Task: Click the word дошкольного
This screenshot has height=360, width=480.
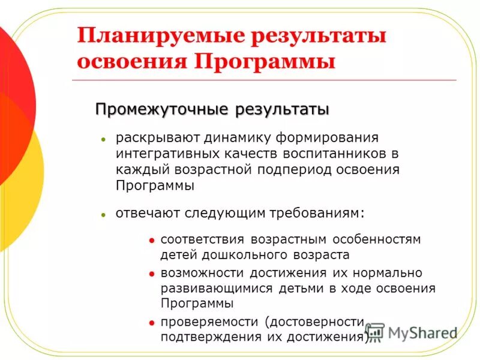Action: coord(236,254)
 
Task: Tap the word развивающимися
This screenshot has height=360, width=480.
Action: coord(217,288)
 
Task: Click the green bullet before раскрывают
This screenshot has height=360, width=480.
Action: coord(103,139)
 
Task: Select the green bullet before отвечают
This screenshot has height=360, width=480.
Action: coord(103,214)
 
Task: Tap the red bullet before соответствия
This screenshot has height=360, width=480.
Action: coord(151,240)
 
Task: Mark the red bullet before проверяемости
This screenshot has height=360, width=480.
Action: coord(151,322)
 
